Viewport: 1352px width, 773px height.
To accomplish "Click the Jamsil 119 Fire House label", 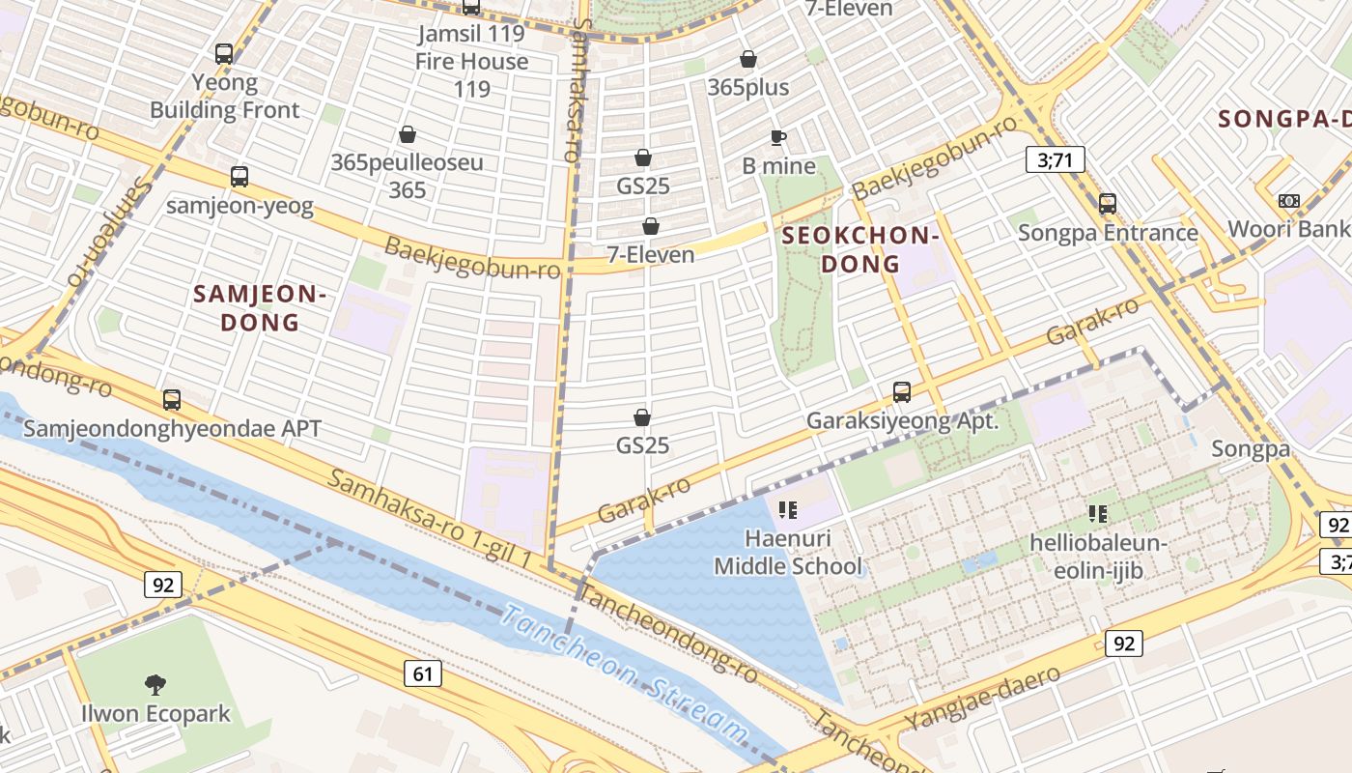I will tap(471, 61).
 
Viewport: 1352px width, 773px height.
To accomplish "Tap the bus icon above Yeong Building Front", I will tap(224, 54).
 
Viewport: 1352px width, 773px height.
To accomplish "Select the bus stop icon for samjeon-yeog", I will tap(239, 177).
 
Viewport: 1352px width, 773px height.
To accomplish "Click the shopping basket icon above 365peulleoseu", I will tap(408, 134).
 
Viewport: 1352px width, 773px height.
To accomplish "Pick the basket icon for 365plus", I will tap(747, 60).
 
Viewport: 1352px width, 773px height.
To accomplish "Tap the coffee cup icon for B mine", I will tap(778, 138).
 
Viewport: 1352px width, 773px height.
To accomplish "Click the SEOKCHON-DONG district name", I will tap(859, 249).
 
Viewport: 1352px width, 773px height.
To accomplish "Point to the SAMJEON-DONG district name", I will tap(261, 307).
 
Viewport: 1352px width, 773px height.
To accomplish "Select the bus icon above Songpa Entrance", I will tap(1108, 204).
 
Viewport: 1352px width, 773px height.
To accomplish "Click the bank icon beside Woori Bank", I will tap(1288, 201).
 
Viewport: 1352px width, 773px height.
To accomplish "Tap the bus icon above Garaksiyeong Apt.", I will tap(902, 392).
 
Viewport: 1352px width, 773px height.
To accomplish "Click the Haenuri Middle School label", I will tap(788, 552).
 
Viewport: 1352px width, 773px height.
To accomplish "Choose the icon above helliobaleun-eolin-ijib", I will tap(1097, 513).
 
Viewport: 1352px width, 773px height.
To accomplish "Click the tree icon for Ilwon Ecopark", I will tap(155, 685).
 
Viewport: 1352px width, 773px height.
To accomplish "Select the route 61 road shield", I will tap(423, 673).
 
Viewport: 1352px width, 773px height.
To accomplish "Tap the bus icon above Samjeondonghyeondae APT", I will tap(172, 399).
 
